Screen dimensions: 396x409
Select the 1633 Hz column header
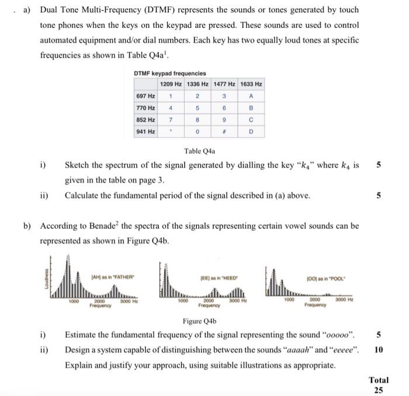(250, 84)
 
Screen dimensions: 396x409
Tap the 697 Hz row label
(145, 96)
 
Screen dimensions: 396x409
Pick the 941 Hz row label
(145, 132)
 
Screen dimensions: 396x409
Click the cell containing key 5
(198, 108)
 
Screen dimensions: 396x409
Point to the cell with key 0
(198, 132)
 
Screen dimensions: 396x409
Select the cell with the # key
(224, 132)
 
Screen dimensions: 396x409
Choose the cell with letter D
(250, 132)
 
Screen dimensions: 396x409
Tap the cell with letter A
(250, 96)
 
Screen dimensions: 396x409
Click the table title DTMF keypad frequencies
(169, 74)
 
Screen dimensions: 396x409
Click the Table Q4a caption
(200, 150)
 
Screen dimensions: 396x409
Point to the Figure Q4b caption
(200, 321)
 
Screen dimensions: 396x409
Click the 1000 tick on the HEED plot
(182, 301)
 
